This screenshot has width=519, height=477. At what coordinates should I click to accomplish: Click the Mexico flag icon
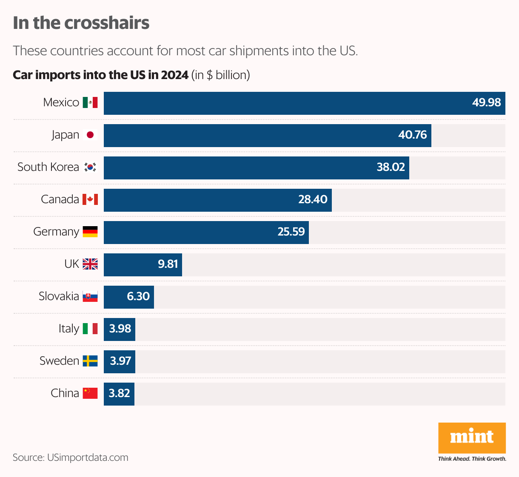coord(90,102)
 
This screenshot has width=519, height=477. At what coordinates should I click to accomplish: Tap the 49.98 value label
coord(486,102)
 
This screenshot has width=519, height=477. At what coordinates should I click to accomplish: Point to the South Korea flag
coord(90,167)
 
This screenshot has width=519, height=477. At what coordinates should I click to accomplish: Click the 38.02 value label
coord(391,167)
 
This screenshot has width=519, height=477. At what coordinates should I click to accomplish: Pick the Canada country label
coord(60,199)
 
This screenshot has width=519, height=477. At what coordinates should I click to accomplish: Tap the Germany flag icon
coord(90,232)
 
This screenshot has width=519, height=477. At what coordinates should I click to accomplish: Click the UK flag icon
coord(90,264)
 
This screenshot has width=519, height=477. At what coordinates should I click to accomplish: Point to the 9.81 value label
coord(168,264)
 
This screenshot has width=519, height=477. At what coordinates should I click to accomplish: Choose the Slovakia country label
coord(59,296)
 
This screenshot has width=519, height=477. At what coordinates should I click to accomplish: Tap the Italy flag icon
coord(90,329)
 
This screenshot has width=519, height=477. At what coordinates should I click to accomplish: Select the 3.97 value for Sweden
coord(120,361)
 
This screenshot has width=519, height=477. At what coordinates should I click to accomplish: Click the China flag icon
coord(90,393)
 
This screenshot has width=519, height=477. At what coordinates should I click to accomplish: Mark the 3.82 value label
coord(119,393)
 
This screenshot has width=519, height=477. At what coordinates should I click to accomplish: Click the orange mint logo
coord(472,438)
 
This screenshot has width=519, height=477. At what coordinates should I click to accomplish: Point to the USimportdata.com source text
coord(88,457)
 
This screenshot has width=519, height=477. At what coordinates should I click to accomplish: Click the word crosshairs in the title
coord(107,23)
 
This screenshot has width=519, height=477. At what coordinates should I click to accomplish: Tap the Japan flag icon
coord(90,135)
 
